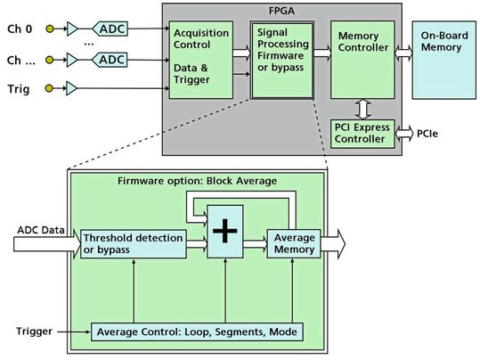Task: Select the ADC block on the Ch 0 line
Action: point(112,29)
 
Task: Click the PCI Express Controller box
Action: point(363,133)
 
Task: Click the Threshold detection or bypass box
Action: point(134,241)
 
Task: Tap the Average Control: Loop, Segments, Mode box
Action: point(196,331)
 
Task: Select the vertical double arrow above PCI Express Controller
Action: point(363,108)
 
